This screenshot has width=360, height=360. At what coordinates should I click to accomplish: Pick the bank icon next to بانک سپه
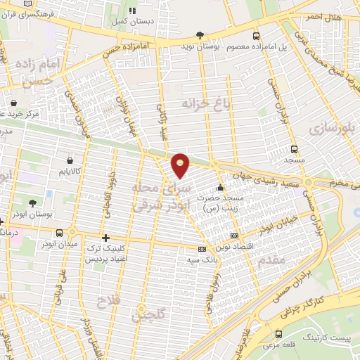(x=202, y=249)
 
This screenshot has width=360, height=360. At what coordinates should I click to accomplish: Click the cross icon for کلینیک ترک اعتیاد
(x=105, y=238)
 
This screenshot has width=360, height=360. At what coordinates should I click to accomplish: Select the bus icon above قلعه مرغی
(x=281, y=334)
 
